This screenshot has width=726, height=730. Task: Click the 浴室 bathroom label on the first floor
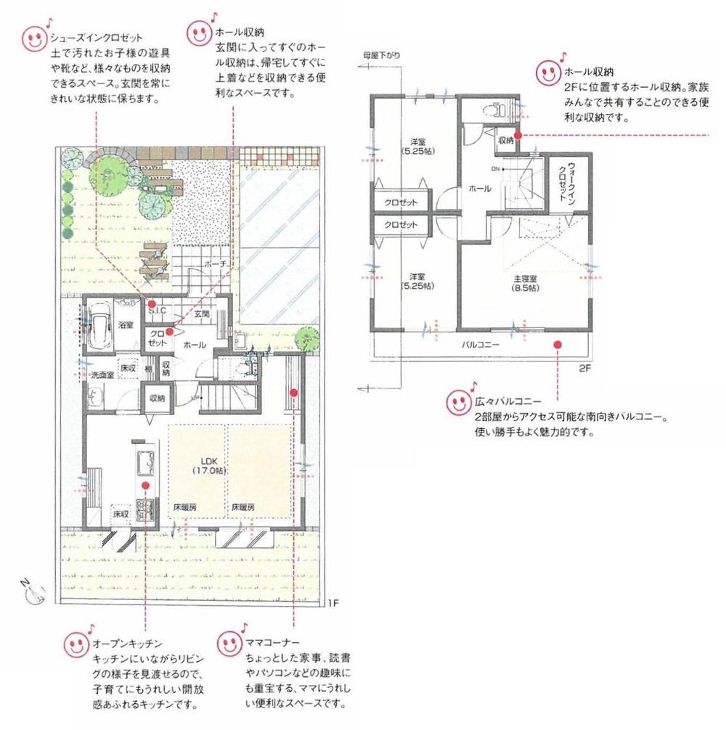click(x=126, y=324)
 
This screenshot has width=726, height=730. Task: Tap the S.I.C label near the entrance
click(x=158, y=311)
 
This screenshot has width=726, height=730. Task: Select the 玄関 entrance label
click(x=202, y=314)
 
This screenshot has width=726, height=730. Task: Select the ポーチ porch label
click(x=216, y=263)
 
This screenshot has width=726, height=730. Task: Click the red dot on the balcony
click(x=558, y=345)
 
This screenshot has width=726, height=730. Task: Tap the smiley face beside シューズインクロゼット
click(x=34, y=38)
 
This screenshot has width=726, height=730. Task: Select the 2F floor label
click(x=587, y=368)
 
